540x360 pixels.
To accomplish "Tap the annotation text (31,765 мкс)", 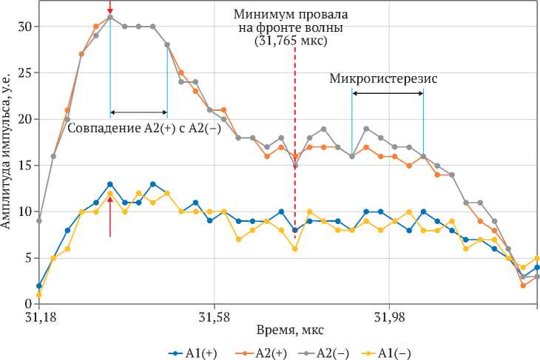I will click(291, 42).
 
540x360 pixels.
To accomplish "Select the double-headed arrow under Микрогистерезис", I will click(388, 92).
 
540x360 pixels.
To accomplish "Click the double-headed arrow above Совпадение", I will click(138, 113).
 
